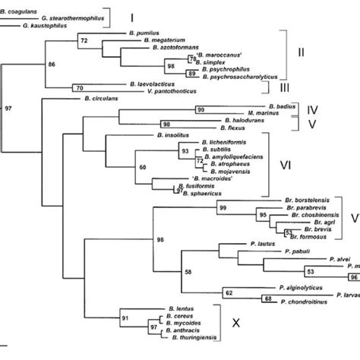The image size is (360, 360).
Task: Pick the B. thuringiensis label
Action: point(185,336)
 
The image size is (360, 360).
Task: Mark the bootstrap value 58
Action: point(188,270)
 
